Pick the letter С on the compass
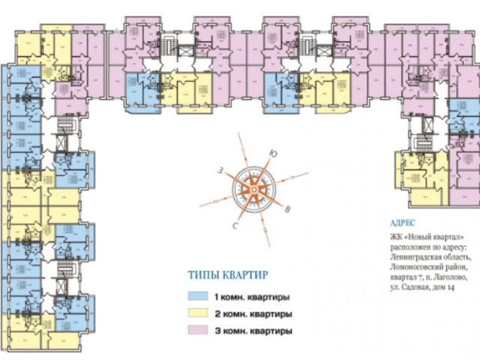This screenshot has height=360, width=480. click(235, 224)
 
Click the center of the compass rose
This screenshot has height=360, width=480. click(255, 190)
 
